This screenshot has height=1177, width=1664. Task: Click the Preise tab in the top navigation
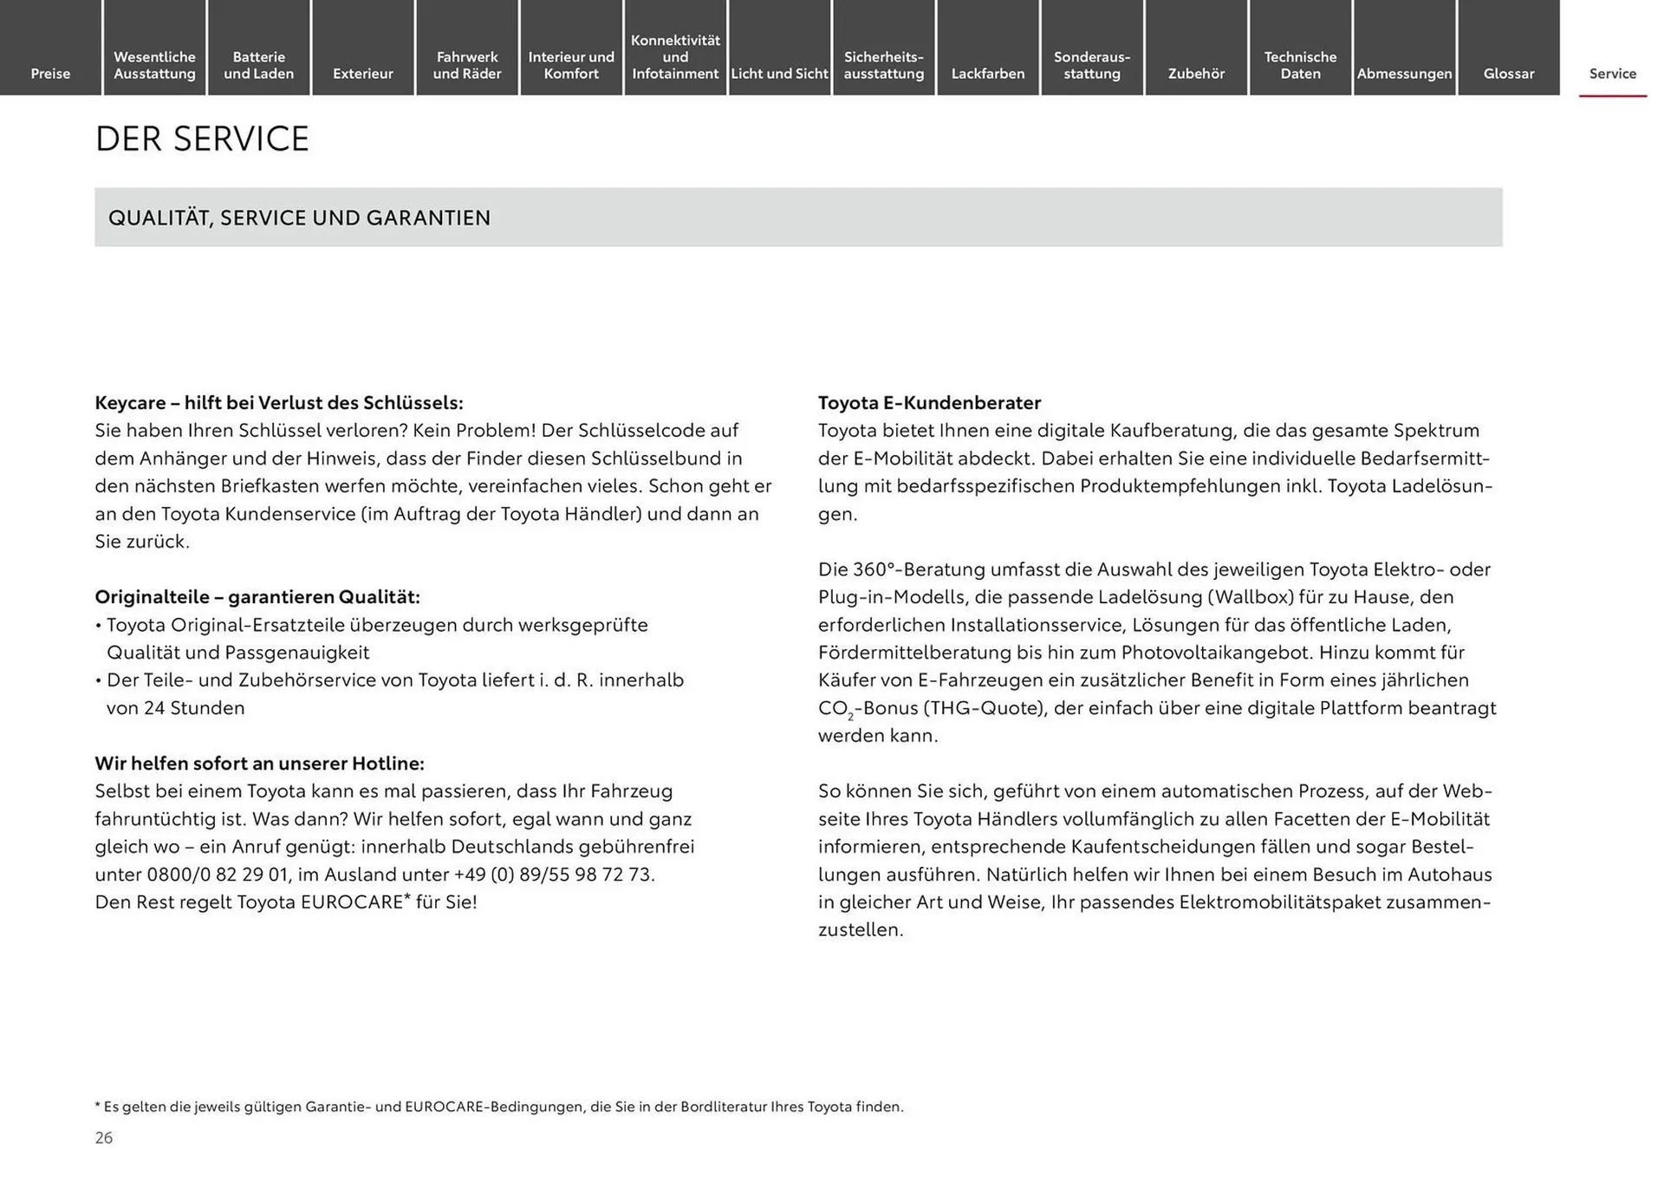pos(50,74)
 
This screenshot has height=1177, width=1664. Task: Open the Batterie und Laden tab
pos(258,65)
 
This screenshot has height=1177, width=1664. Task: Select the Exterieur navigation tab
pos(362,74)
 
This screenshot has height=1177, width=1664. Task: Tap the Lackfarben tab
pos(987,74)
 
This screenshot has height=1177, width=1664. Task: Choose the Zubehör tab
pos(1196,74)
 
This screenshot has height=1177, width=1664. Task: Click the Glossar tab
pos(1508,74)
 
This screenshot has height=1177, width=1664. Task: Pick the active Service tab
pos(1612,74)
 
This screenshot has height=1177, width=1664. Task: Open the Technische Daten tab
pos(1300,65)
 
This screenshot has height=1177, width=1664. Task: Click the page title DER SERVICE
pos(202,139)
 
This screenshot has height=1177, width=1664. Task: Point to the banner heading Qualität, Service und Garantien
pos(299,218)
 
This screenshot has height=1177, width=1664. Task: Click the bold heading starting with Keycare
pos(279,403)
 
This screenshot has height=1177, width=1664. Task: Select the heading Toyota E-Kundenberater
pos(929,403)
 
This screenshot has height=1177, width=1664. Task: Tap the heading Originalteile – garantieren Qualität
pos(257,597)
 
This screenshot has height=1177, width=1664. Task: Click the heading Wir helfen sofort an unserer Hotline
pos(259,764)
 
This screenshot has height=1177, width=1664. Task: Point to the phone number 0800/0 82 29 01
pos(216,875)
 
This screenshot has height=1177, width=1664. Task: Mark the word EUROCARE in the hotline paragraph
pos(352,902)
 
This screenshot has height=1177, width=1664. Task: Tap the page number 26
pos(104,1138)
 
